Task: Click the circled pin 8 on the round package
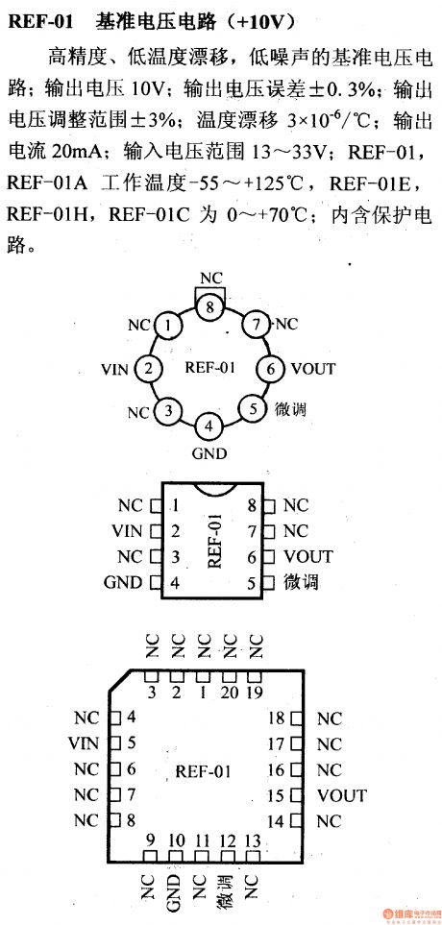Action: (x=209, y=307)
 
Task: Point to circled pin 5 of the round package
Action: (x=253, y=409)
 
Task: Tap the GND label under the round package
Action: (x=209, y=452)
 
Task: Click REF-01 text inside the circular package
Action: (x=209, y=368)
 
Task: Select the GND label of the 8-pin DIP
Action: (x=122, y=582)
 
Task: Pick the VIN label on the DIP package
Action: (x=126, y=531)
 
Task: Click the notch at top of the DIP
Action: (x=209, y=491)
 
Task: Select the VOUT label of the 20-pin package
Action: (x=342, y=795)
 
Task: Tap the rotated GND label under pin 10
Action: (x=176, y=890)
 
